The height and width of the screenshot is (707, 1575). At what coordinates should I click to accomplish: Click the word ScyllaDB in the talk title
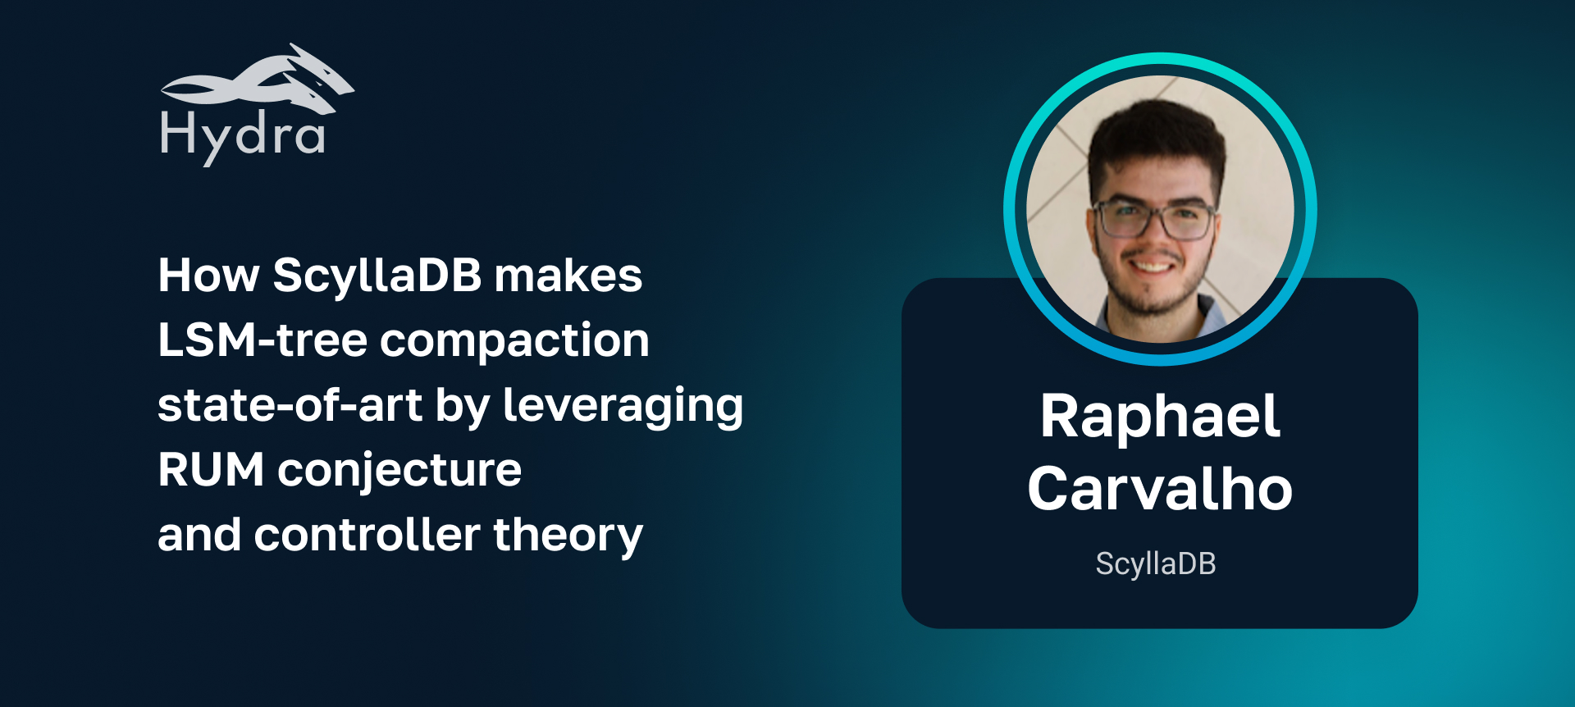pyautogui.click(x=377, y=276)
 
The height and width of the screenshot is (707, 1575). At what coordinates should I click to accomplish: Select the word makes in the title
pyautogui.click(x=568, y=276)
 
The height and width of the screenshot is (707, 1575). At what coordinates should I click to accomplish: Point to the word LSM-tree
pyautogui.click(x=262, y=340)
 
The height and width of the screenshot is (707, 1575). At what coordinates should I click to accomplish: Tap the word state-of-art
pyautogui.click(x=290, y=405)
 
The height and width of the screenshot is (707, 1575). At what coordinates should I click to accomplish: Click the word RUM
pyautogui.click(x=211, y=470)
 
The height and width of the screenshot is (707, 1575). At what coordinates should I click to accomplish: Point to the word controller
pyautogui.click(x=367, y=535)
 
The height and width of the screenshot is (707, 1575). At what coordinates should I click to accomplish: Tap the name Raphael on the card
pyautogui.click(x=1159, y=417)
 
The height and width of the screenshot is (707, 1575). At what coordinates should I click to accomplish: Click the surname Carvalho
pyautogui.click(x=1159, y=489)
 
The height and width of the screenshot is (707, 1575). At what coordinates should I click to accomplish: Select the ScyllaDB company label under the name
pyautogui.click(x=1155, y=564)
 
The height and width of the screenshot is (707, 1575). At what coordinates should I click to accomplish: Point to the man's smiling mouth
pyautogui.click(x=1155, y=266)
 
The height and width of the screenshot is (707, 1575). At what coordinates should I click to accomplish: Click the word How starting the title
pyautogui.click(x=208, y=276)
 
